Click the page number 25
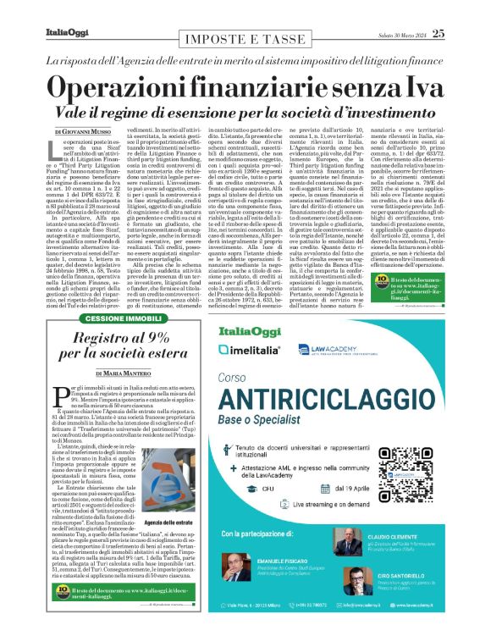(x=437, y=33)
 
